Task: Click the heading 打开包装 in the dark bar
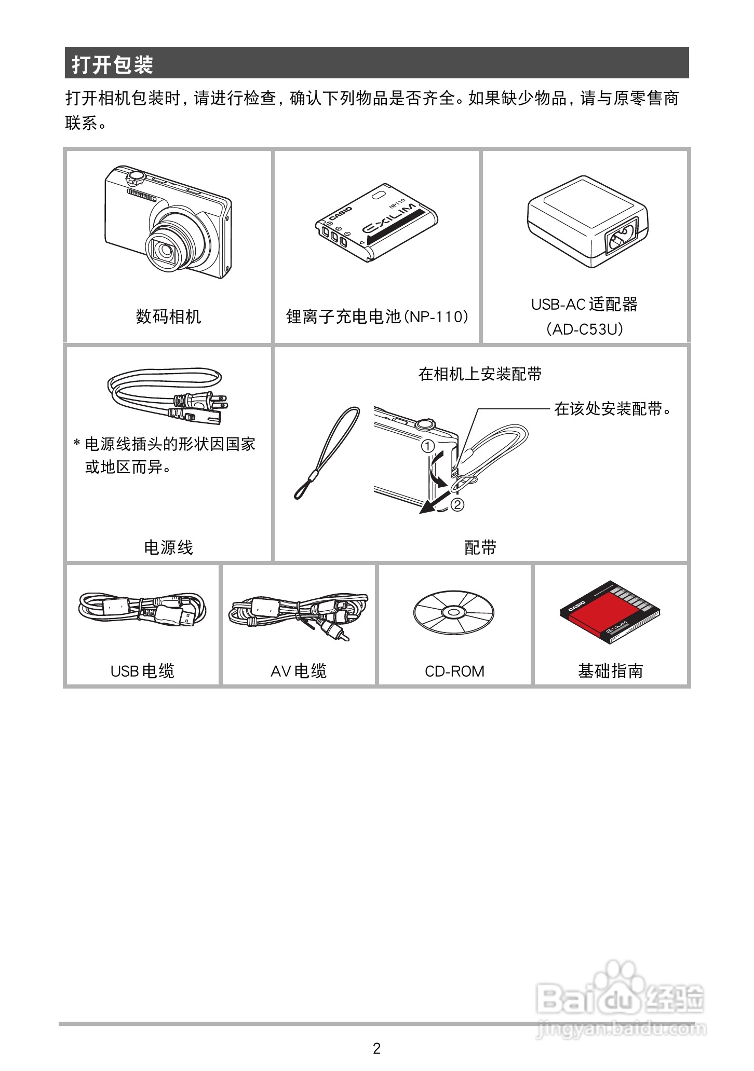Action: [x=112, y=65]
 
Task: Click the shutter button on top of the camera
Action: [x=136, y=176]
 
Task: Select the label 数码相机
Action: [x=168, y=316]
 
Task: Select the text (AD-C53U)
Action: [x=585, y=329]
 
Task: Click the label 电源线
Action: [x=168, y=547]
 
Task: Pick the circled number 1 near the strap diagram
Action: [x=427, y=446]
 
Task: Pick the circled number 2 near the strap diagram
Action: [x=457, y=504]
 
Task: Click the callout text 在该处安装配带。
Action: [x=613, y=409]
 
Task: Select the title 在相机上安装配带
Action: [x=480, y=374]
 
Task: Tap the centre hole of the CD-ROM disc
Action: [x=453, y=612]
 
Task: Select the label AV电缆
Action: [x=299, y=671]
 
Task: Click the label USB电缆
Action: [x=142, y=671]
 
